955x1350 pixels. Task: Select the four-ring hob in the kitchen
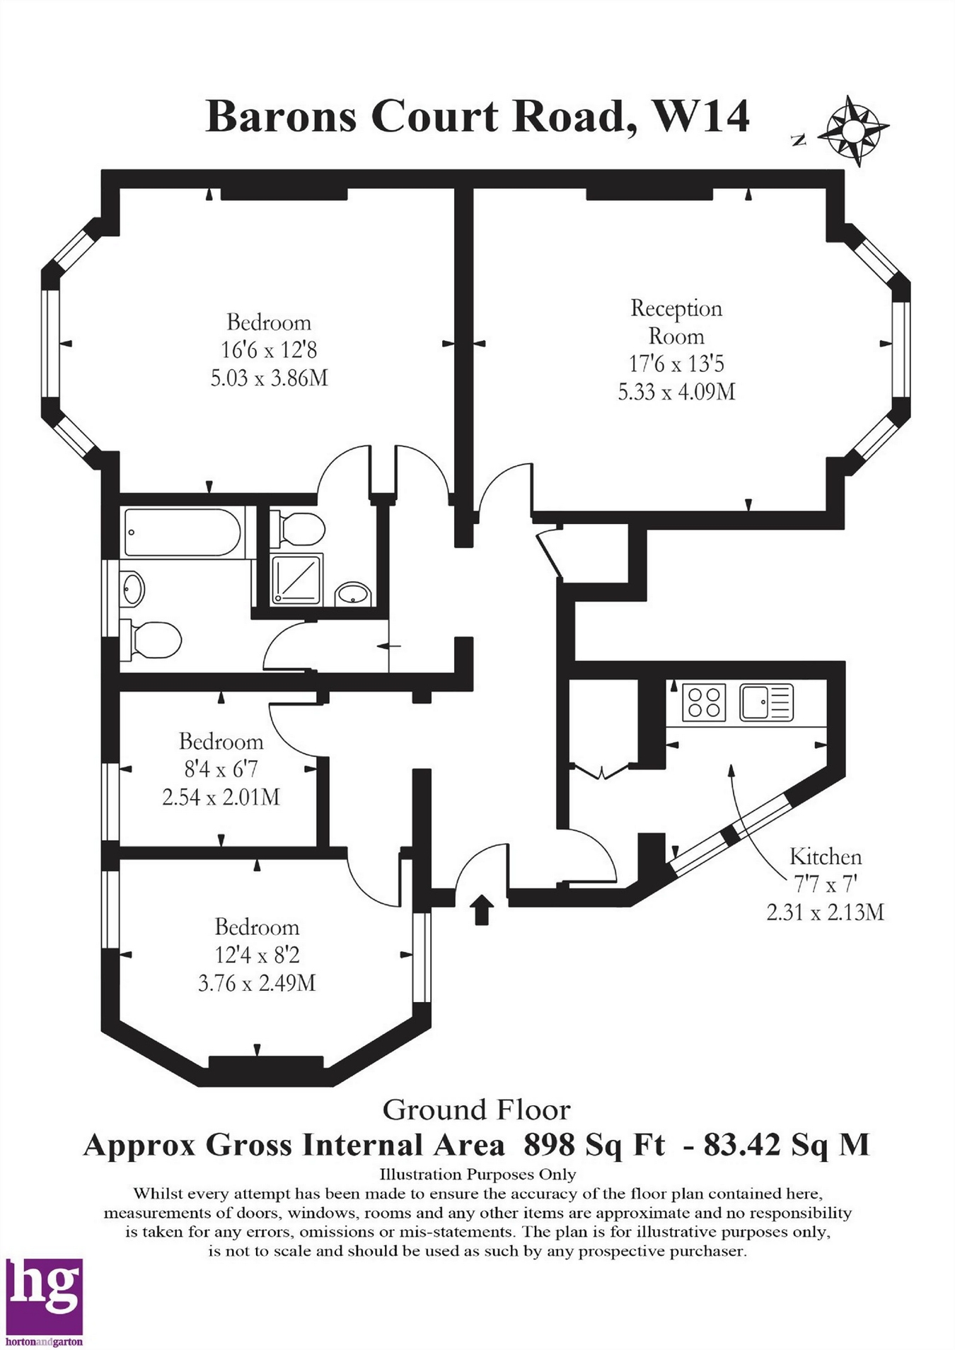click(x=704, y=702)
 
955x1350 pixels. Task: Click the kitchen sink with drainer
click(x=766, y=702)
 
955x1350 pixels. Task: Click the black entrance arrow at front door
click(x=481, y=909)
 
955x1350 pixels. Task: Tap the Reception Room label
click(x=676, y=322)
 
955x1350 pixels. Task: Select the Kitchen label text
click(x=826, y=857)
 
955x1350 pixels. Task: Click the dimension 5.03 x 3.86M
click(x=269, y=378)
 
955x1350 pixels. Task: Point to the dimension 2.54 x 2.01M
click(x=221, y=797)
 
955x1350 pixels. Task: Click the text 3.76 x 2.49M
click(x=256, y=982)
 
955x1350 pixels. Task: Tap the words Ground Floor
click(x=476, y=1110)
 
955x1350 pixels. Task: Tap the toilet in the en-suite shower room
click(x=298, y=528)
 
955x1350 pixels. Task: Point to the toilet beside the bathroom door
click(x=151, y=641)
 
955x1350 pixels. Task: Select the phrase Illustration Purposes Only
click(x=477, y=1175)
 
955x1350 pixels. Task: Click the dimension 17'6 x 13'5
click(x=676, y=363)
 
